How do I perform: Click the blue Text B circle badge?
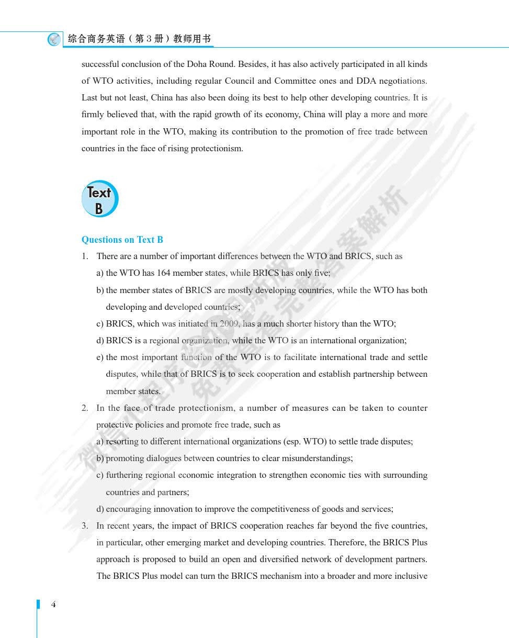pyautogui.click(x=99, y=199)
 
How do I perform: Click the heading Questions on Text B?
pyautogui.click(x=122, y=240)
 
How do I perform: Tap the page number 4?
pyautogui.click(x=53, y=605)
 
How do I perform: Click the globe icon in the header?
pyautogui.click(x=54, y=39)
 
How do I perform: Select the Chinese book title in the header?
pyautogui.click(x=140, y=39)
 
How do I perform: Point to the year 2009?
pyautogui.click(x=229, y=324)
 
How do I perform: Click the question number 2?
pyautogui.click(x=85, y=408)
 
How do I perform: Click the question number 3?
pyautogui.click(x=85, y=526)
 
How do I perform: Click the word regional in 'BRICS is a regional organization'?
pyautogui.click(x=165, y=341)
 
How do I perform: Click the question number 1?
pyautogui.click(x=85, y=256)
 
